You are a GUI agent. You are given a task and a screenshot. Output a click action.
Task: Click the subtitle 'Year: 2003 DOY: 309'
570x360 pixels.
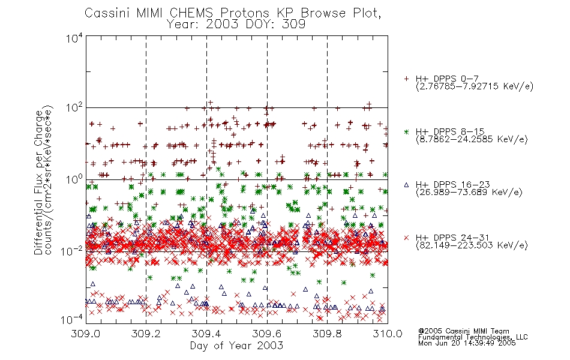[236, 25]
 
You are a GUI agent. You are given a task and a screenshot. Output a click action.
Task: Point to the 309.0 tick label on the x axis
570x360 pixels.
[85, 334]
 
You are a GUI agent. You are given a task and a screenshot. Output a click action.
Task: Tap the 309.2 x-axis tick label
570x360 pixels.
[146, 334]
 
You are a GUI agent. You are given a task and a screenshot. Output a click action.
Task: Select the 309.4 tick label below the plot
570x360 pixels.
[206, 334]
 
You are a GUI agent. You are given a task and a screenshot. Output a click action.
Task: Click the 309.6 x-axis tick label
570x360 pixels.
[266, 334]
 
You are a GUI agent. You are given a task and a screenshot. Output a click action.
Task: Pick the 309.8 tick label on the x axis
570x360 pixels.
[327, 334]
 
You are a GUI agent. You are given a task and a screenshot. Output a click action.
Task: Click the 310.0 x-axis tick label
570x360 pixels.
[388, 334]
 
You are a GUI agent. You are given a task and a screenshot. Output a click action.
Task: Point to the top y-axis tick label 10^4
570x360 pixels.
[74, 38]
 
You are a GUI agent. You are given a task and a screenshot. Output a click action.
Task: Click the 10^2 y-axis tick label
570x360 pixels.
[74, 108]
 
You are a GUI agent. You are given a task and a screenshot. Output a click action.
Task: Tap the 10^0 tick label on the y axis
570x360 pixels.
[74, 179]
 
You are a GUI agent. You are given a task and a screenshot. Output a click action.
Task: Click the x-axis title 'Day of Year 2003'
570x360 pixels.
[236, 346]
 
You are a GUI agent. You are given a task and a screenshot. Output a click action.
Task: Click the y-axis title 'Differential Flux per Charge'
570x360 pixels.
[38, 182]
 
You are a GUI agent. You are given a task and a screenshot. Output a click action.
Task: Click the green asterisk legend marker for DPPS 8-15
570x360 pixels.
[406, 131]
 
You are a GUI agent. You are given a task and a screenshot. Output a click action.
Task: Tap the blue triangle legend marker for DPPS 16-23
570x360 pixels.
[406, 185]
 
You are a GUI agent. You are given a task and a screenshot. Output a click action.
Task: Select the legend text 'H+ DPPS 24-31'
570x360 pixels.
[452, 238]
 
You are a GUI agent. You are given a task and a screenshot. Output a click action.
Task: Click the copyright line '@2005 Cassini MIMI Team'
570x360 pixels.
[463, 331]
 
